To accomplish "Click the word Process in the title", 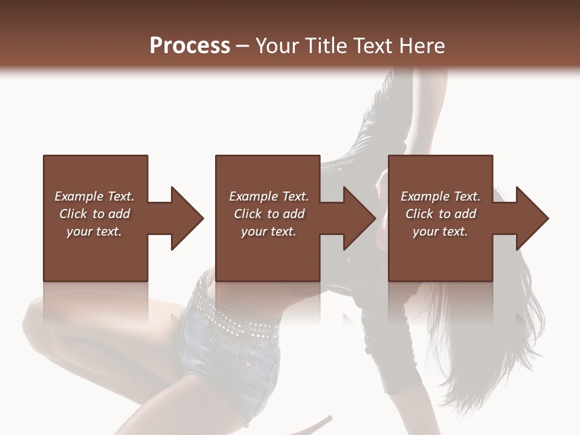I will click(190, 45).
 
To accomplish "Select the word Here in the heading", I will click(423, 45).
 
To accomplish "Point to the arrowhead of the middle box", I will click(359, 218).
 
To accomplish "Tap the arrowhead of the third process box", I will click(532, 218).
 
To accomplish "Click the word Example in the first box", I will click(79, 196).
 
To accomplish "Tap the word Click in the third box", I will click(420, 214).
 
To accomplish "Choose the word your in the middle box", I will click(253, 231).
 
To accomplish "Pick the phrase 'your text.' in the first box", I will click(94, 231).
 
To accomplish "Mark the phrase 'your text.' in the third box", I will click(440, 231).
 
